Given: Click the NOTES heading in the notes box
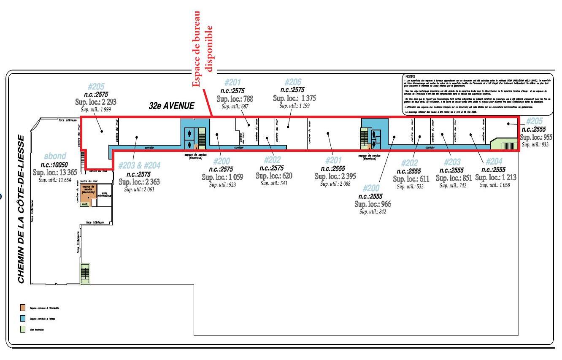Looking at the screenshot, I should pyautogui.click(x=410, y=77).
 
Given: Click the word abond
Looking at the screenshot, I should pyautogui.click(x=55, y=156).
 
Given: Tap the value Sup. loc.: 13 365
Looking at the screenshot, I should pyautogui.click(x=55, y=172).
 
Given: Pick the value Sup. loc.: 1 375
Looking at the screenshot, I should pyautogui.click(x=295, y=98).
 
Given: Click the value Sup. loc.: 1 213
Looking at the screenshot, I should pyautogui.click(x=496, y=178).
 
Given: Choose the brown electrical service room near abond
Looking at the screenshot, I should pyautogui.click(x=88, y=191).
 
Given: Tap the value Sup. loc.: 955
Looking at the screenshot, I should pyautogui.click(x=536, y=137).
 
